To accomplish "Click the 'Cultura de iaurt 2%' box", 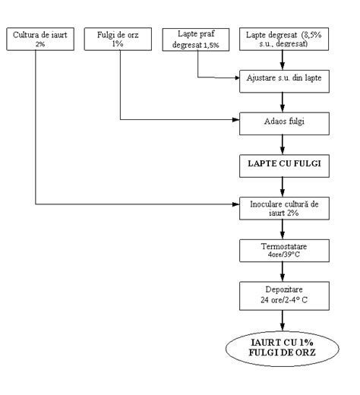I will tap(36, 39).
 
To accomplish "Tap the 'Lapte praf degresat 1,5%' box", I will tap(198, 39).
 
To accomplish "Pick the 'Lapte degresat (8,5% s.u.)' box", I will tap(284, 39).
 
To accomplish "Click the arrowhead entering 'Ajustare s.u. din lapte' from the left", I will tap(235, 78).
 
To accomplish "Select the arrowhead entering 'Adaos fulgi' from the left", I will tap(235, 120).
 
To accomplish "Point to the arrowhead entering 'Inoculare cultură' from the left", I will tap(235, 204).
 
